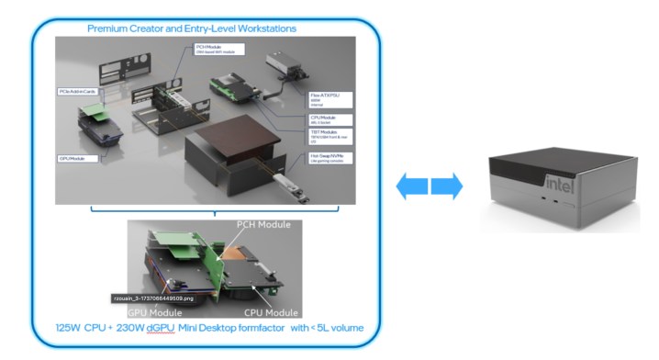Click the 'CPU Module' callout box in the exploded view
(x=314, y=118)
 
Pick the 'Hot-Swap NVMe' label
(x=315, y=157)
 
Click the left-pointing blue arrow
(x=410, y=186)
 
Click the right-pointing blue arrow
(x=446, y=186)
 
